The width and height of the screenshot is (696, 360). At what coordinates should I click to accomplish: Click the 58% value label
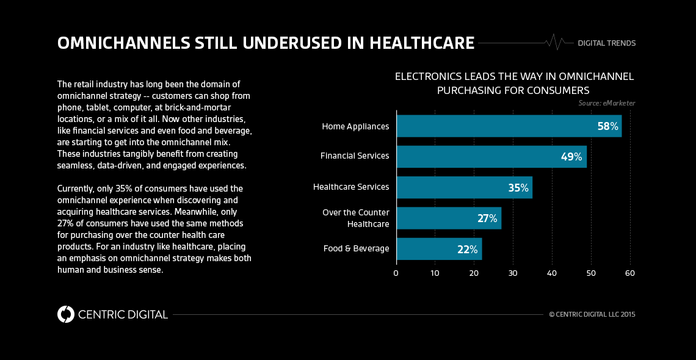pyautogui.click(x=607, y=126)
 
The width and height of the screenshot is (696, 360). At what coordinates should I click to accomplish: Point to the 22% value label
pyautogui.click(x=468, y=249)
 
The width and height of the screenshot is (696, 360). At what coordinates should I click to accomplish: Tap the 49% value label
pyautogui.click(x=571, y=156)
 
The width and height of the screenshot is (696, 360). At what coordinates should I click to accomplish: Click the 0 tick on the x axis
pyautogui.click(x=396, y=273)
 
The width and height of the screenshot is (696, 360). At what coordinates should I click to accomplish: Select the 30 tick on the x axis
pyautogui.click(x=513, y=273)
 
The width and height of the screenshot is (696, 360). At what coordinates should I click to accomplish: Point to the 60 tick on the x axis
pyautogui.click(x=629, y=273)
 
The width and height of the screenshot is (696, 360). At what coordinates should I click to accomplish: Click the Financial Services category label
pyautogui.click(x=355, y=156)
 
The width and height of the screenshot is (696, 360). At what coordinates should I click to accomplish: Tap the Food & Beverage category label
pyautogui.click(x=356, y=249)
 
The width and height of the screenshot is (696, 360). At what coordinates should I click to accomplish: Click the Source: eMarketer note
pyautogui.click(x=606, y=103)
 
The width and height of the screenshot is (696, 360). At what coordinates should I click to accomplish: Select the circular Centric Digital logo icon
pyautogui.click(x=65, y=314)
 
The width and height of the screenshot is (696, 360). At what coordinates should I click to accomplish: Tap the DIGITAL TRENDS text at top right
pyautogui.click(x=606, y=43)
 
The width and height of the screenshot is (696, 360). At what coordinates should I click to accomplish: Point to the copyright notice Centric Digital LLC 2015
pyautogui.click(x=592, y=315)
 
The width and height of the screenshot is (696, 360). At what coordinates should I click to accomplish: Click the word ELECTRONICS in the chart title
pyautogui.click(x=427, y=76)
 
